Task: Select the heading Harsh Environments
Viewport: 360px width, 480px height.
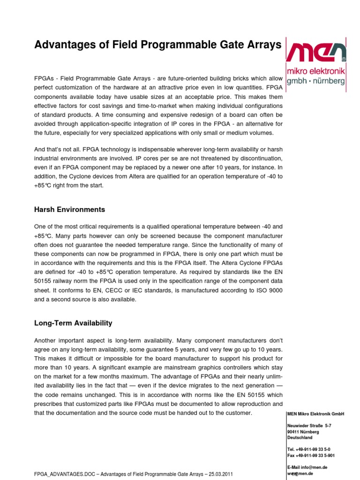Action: (x=70, y=210)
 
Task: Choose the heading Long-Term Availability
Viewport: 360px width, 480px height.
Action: (x=73, y=323)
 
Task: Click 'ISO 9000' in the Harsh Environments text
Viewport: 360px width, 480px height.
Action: (x=270, y=291)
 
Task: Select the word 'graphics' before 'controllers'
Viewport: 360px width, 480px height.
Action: (x=195, y=368)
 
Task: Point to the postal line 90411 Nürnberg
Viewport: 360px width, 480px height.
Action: (x=303, y=432)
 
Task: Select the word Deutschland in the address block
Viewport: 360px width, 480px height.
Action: (x=300, y=437)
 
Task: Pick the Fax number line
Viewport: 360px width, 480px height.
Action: (x=311, y=455)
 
